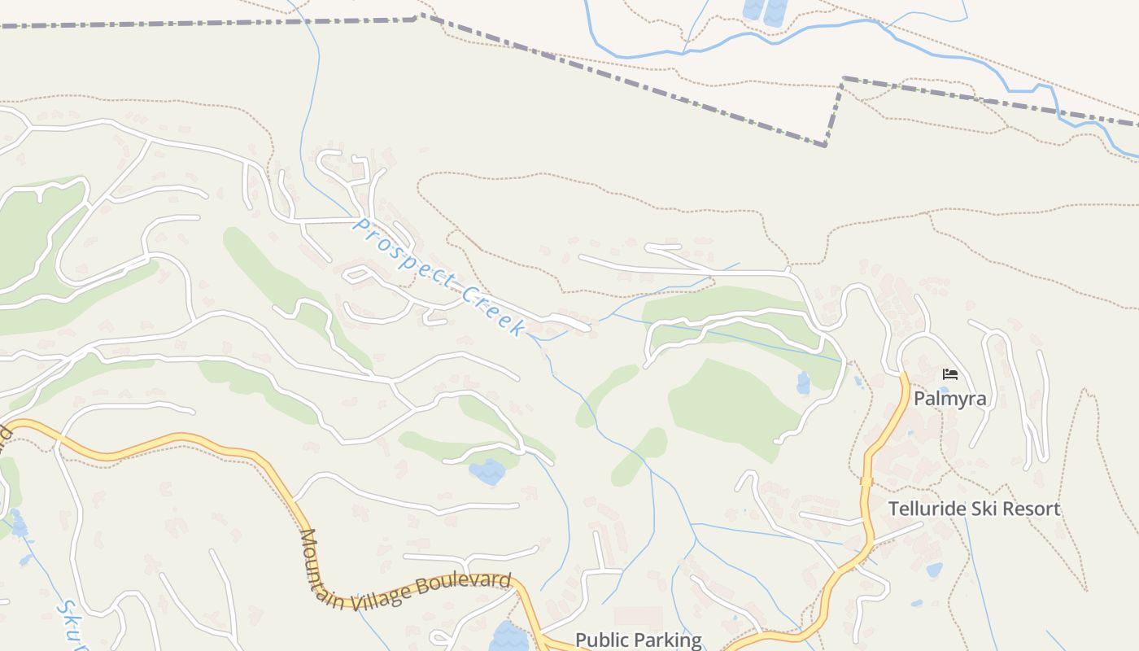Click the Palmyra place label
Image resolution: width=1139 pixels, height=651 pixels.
(949, 399)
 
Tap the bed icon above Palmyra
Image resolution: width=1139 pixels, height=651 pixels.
(949, 374)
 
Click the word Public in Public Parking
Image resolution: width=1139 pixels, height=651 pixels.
(602, 640)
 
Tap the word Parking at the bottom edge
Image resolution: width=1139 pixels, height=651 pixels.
(668, 640)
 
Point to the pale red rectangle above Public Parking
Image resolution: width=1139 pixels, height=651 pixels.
(638, 617)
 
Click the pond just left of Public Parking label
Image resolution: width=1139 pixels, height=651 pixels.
(508, 636)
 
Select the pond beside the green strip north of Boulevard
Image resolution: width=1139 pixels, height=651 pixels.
(487, 472)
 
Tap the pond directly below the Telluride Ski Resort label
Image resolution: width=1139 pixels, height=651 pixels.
(934, 570)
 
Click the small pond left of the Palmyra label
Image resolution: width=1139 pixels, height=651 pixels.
(804, 383)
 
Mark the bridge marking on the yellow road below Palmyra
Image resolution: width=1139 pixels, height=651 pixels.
(866, 481)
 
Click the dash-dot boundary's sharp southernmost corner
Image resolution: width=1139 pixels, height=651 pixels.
(826, 146)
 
